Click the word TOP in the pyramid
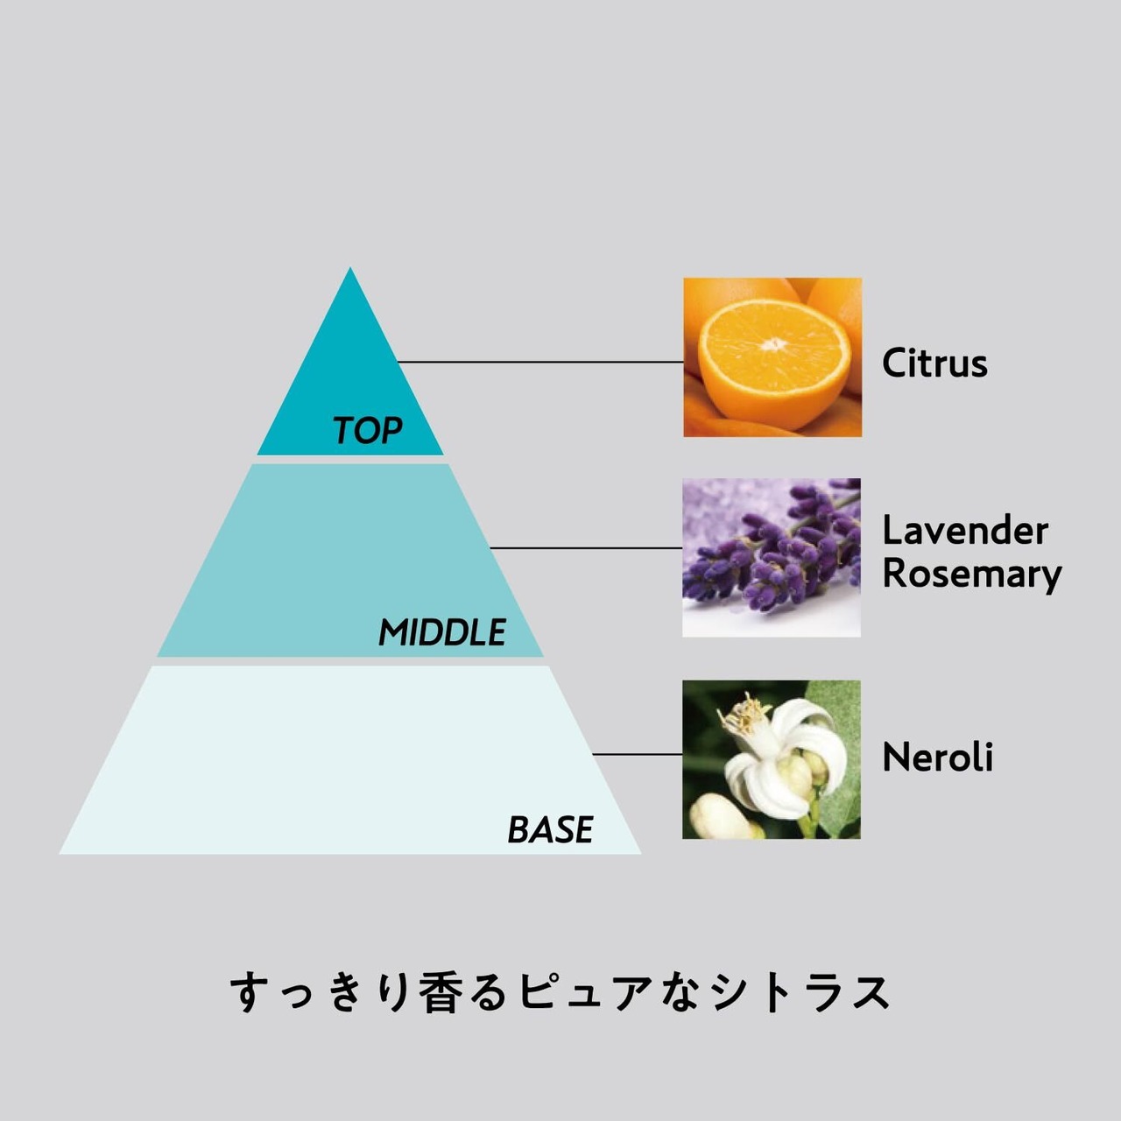click(x=367, y=430)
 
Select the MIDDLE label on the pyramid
click(x=442, y=632)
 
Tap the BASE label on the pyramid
click(x=550, y=829)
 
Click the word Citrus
click(x=934, y=363)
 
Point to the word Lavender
click(x=964, y=531)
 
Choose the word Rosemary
click(x=971, y=574)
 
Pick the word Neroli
click(x=937, y=758)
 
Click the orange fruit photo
click(x=772, y=357)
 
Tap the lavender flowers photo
click(x=772, y=558)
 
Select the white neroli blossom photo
click(x=772, y=759)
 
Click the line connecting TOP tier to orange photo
click(x=539, y=362)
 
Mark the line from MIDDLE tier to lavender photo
click(x=585, y=548)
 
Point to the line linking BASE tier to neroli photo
click(x=637, y=754)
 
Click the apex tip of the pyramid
click(x=350, y=271)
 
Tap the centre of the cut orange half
click(x=774, y=345)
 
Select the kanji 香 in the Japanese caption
click(x=442, y=993)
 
